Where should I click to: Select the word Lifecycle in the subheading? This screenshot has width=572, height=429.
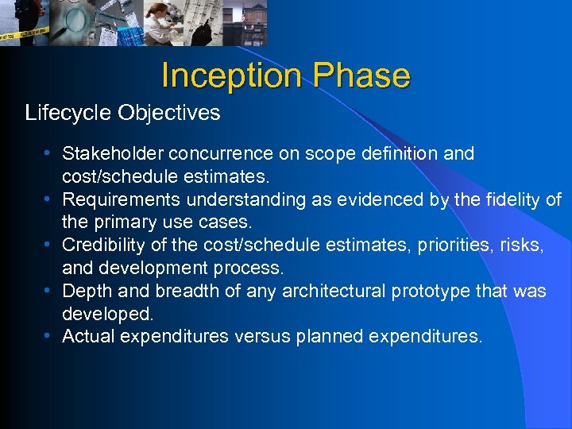coord(68,113)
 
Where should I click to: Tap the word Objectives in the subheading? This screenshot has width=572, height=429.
coord(168,113)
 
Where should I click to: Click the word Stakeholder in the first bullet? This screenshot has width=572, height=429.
coord(110,153)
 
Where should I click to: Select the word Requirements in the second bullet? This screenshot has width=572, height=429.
coord(118,199)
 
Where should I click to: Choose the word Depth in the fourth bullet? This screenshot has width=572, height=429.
coord(83,292)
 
